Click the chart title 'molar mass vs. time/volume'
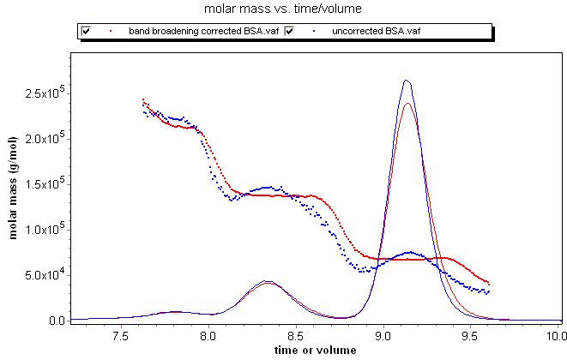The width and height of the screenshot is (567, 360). click(x=283, y=9)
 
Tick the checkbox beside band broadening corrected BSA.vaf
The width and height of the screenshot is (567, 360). click(x=86, y=31)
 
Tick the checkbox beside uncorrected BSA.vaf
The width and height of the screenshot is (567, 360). click(x=290, y=31)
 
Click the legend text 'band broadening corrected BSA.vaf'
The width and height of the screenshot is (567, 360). click(x=202, y=31)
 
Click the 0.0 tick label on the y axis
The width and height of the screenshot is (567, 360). click(x=57, y=321)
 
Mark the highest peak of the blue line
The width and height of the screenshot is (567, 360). click(x=407, y=81)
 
